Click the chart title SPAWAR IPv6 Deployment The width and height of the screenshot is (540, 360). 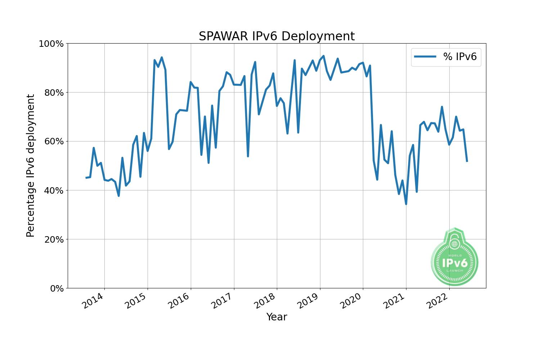tap(276, 36)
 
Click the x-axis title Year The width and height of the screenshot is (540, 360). tap(276, 317)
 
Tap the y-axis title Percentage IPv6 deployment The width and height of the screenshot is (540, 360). tap(31, 166)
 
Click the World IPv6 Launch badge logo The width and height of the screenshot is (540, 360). tap(455, 257)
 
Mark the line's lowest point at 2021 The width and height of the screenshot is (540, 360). tap(406, 204)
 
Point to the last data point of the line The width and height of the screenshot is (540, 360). tap(467, 161)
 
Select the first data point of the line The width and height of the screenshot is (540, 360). tap(86, 178)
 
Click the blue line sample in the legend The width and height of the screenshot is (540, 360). tap(425, 57)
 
